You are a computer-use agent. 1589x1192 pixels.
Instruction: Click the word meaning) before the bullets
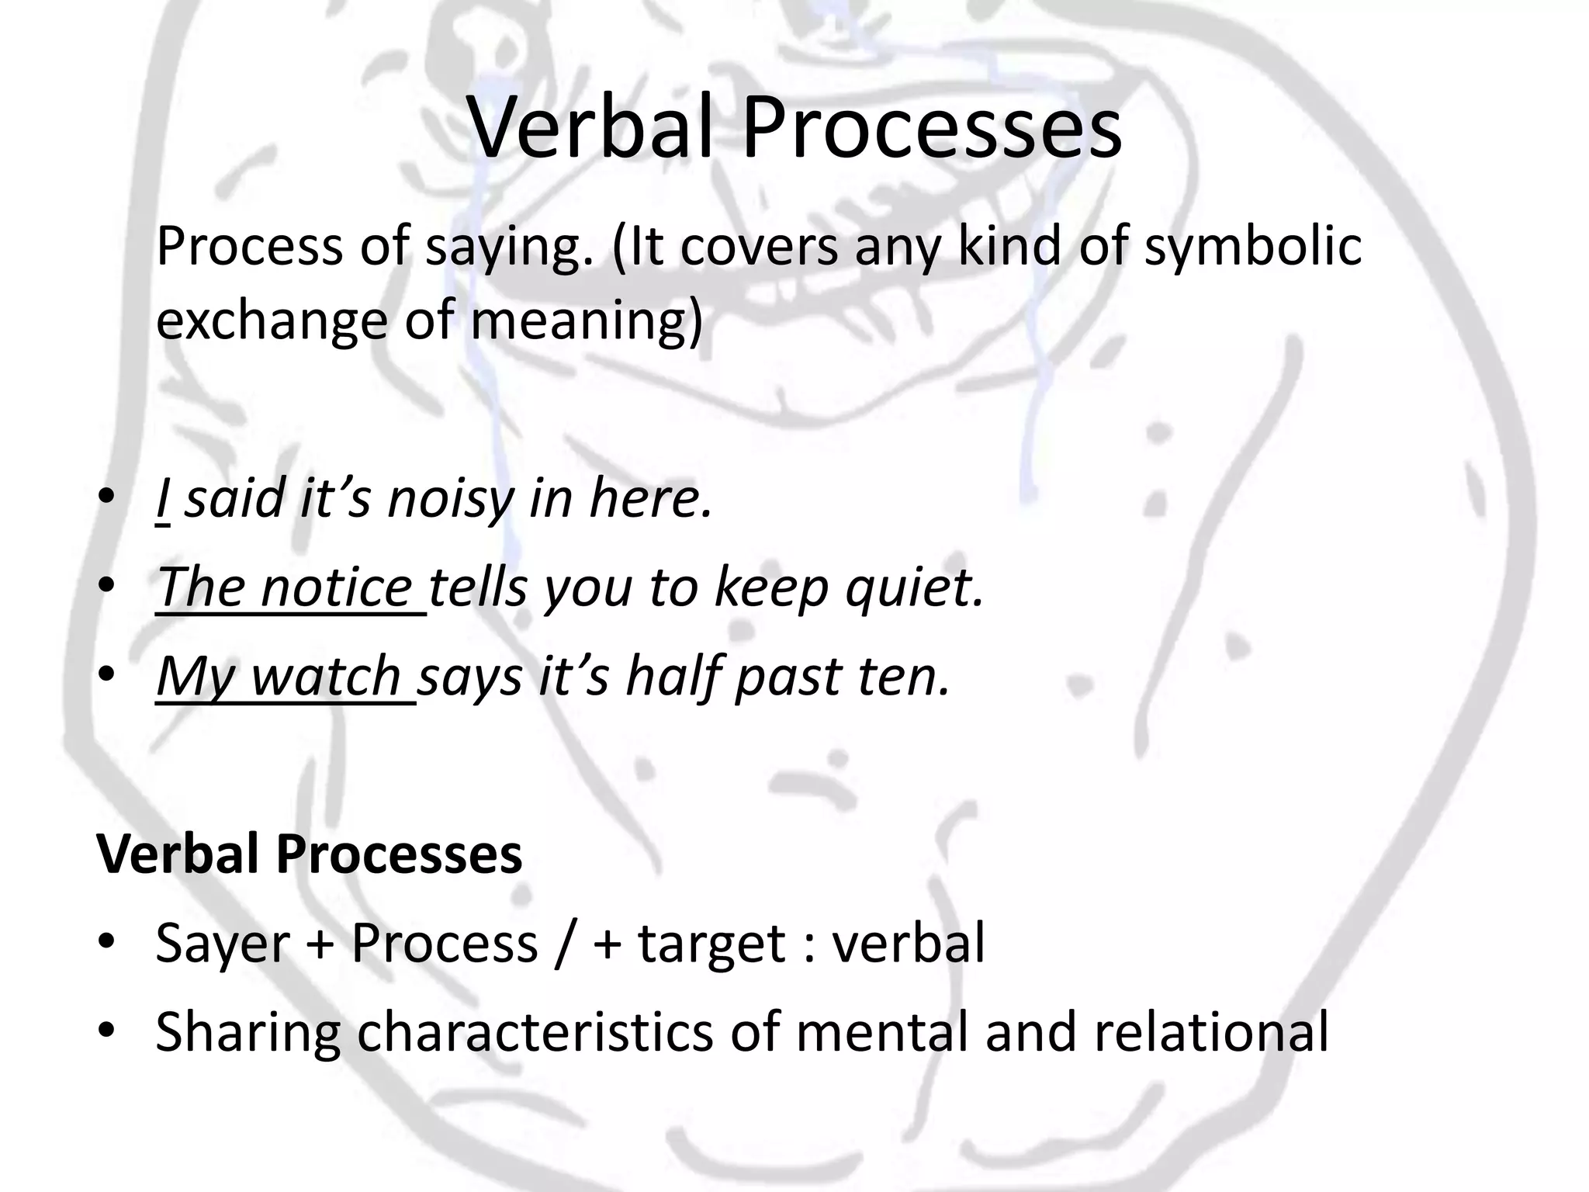click(586, 321)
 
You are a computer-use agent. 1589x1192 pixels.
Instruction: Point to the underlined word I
click(162, 498)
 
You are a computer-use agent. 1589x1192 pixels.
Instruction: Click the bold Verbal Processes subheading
click(309, 854)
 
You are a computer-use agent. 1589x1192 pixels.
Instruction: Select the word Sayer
click(222, 944)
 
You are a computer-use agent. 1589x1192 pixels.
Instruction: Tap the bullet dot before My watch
click(107, 674)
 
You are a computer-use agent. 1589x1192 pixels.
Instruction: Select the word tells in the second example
click(478, 587)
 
